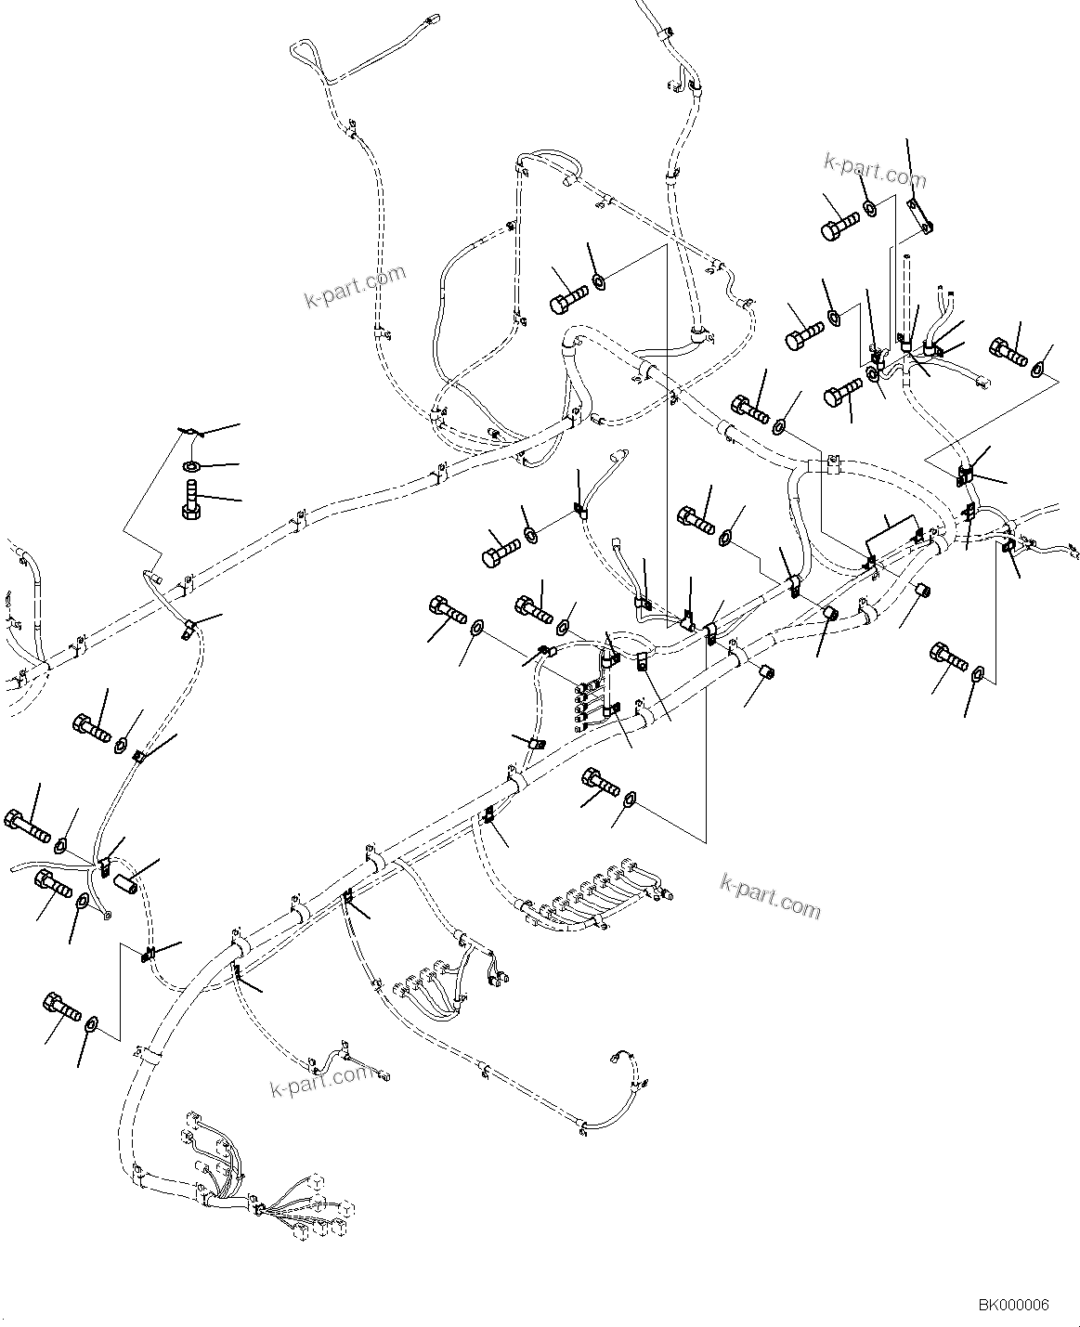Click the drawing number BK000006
point(1012,1305)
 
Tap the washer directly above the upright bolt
point(191,465)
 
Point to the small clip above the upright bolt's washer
point(189,431)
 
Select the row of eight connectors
point(594,895)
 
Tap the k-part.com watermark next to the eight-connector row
point(771,894)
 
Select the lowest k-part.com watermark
point(319,1079)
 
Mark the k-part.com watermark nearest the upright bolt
point(356,286)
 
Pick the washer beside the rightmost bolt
point(1037,370)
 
